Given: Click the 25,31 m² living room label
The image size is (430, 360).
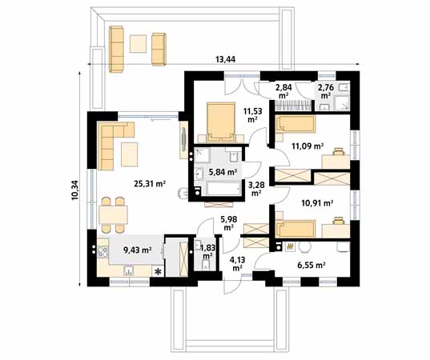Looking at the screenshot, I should (x=149, y=184).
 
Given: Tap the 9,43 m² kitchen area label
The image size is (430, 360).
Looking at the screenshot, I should (x=139, y=250).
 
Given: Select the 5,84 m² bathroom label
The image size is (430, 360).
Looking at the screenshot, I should (x=222, y=171).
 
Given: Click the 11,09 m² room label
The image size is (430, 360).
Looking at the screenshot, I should (x=307, y=146).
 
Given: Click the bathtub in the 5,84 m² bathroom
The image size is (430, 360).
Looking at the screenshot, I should (x=223, y=190).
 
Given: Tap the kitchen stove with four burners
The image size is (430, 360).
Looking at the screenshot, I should (x=103, y=257).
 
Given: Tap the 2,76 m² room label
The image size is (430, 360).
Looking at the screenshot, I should (x=325, y=91).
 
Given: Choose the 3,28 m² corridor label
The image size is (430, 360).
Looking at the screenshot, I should (x=257, y=189).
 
